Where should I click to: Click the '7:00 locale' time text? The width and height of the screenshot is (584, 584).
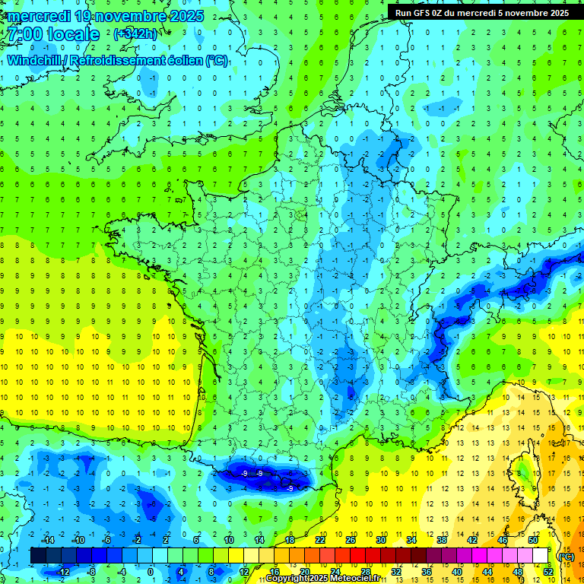(x=52, y=34)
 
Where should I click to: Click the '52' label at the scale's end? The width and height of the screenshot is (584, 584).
(x=547, y=572)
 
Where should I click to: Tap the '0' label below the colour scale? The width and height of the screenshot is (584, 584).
(x=151, y=572)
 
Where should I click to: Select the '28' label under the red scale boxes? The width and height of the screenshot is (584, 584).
(x=366, y=572)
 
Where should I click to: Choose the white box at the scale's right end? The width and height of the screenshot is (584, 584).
(x=540, y=556)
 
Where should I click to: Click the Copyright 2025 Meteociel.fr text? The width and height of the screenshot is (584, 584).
(x=323, y=579)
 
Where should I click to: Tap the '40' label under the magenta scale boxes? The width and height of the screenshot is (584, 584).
(x=456, y=572)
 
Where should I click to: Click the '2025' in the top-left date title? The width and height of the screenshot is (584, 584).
(x=186, y=15)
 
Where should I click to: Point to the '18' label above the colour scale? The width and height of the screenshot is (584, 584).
(x=289, y=539)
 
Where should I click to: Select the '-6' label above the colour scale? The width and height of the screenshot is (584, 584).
(x=108, y=539)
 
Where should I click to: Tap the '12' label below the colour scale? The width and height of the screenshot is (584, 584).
(x=243, y=572)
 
